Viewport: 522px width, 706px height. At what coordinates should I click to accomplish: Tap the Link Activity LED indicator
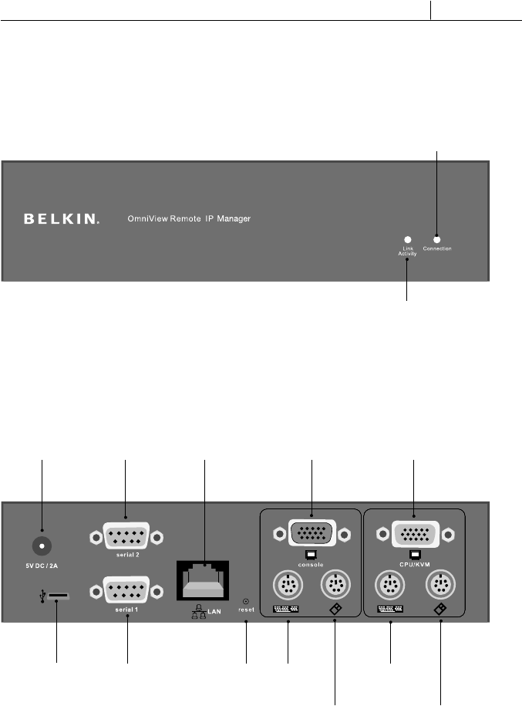(x=408, y=240)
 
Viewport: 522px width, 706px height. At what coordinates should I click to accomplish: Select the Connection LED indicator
(x=436, y=239)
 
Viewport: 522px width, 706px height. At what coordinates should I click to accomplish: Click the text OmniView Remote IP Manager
(x=189, y=219)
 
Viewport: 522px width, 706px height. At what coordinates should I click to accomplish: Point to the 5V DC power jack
(x=42, y=546)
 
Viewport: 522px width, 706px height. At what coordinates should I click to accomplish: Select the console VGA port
(x=311, y=534)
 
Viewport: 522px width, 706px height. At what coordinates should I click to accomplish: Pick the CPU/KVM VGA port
(x=414, y=534)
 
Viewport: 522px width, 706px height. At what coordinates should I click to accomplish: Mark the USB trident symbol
(x=39, y=597)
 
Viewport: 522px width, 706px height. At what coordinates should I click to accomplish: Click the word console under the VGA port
(x=311, y=564)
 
